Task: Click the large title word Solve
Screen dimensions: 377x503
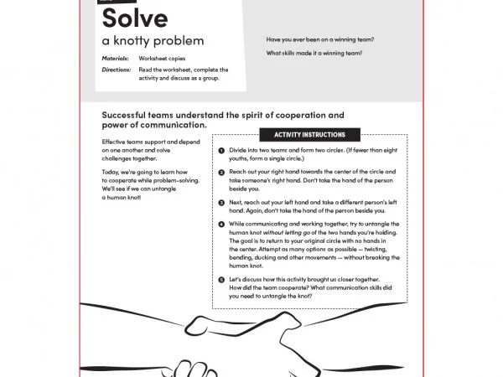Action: coord(134,18)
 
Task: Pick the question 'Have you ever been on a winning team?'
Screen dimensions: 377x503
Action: coord(319,39)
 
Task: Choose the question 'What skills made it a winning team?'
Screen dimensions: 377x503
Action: coord(314,53)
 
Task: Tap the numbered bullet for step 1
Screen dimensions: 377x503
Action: coord(220,151)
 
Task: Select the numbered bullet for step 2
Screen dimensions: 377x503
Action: coord(220,172)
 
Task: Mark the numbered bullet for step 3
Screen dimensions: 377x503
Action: coord(220,202)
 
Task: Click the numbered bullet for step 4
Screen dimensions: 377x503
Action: coord(220,224)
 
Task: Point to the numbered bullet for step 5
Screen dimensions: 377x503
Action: coord(220,278)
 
